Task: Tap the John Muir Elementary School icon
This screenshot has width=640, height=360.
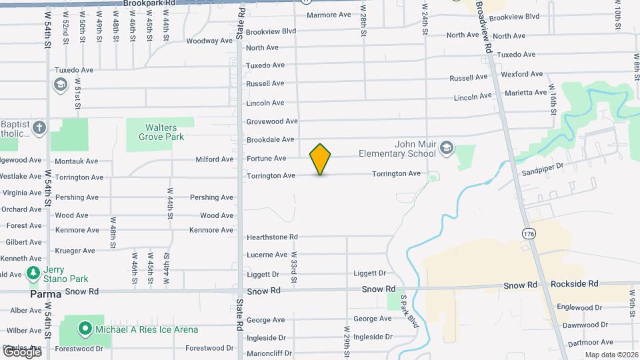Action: click(x=446, y=148)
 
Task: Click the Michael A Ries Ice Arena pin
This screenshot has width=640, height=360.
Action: click(x=85, y=329)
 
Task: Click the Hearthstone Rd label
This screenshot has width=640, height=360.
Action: click(x=272, y=237)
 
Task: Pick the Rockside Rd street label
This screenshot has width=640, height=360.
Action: click(x=575, y=284)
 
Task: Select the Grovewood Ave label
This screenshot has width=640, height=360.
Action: click(x=272, y=121)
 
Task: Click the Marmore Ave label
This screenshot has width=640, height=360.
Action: click(x=328, y=15)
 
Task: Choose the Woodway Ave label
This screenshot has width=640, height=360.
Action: click(x=209, y=41)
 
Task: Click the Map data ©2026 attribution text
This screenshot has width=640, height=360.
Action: click(x=610, y=355)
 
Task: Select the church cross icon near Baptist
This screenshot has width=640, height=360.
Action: click(x=39, y=128)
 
